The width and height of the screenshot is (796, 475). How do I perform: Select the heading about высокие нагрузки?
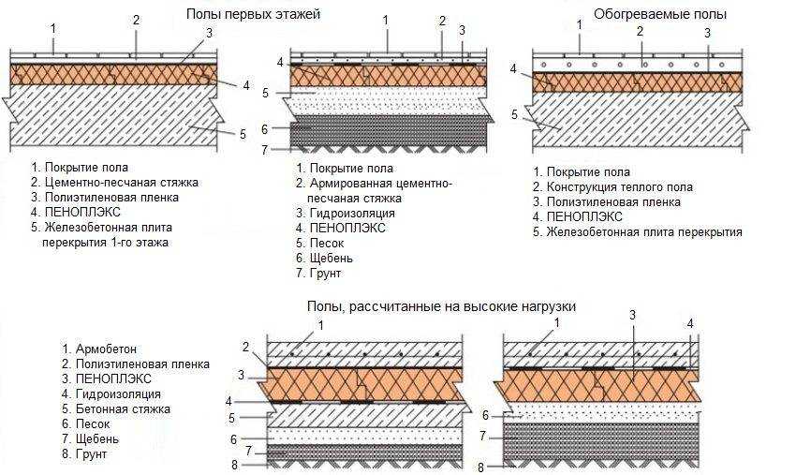[440, 306]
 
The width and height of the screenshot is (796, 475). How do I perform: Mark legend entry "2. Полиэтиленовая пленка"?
[135, 364]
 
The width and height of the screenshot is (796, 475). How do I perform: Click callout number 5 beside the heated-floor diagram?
[514, 114]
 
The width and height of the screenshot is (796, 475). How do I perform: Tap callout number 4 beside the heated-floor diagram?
[514, 68]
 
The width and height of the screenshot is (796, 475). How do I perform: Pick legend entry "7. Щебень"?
[92, 439]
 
